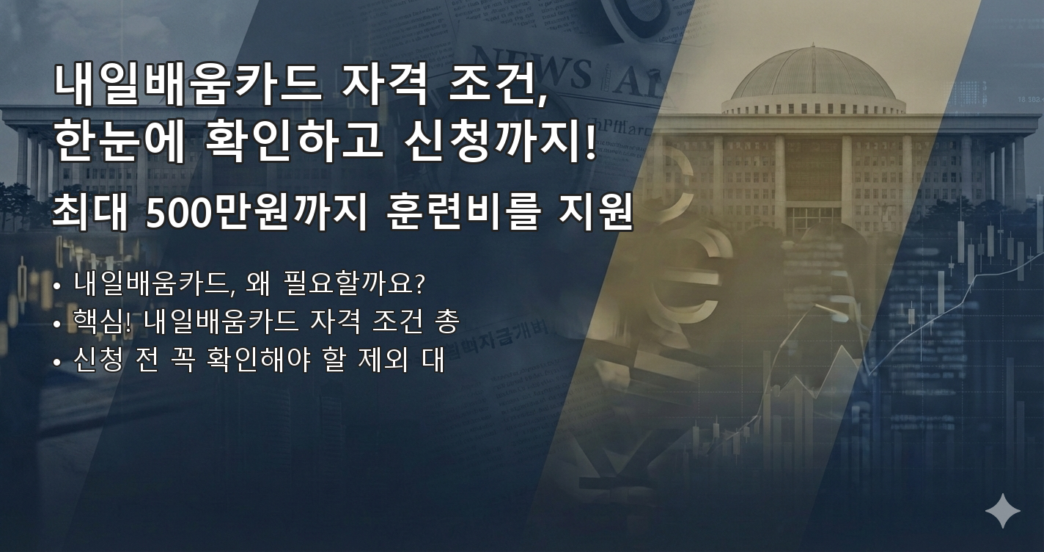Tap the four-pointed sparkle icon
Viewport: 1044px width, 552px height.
coord(1002,511)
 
